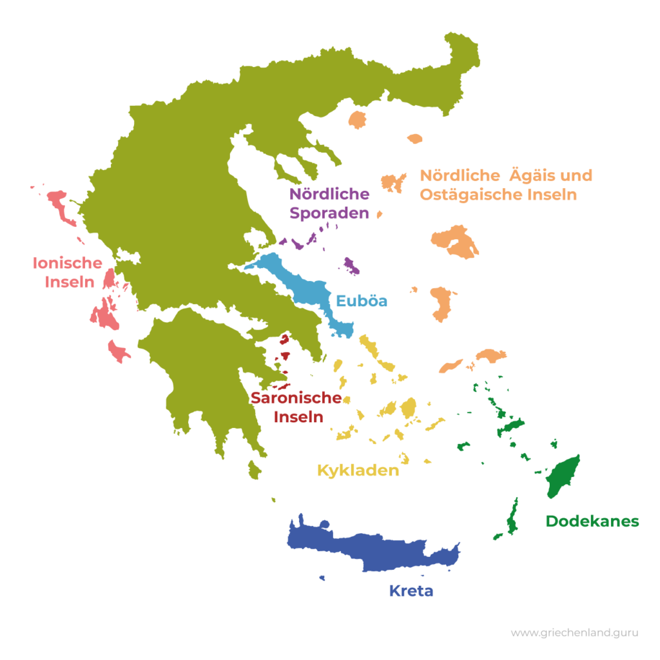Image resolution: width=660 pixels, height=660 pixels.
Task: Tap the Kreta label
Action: (411, 591)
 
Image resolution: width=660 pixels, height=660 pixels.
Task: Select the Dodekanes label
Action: (592, 521)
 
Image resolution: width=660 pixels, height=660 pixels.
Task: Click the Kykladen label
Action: (358, 471)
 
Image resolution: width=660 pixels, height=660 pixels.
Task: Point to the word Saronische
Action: (296, 398)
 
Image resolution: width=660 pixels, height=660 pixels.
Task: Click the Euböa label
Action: (362, 301)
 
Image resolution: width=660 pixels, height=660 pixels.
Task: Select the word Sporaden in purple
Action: (329, 213)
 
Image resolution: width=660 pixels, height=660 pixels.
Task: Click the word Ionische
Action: (67, 263)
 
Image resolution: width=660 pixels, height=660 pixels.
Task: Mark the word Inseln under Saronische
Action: (298, 416)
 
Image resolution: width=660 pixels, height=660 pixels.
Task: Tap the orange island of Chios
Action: (443, 303)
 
